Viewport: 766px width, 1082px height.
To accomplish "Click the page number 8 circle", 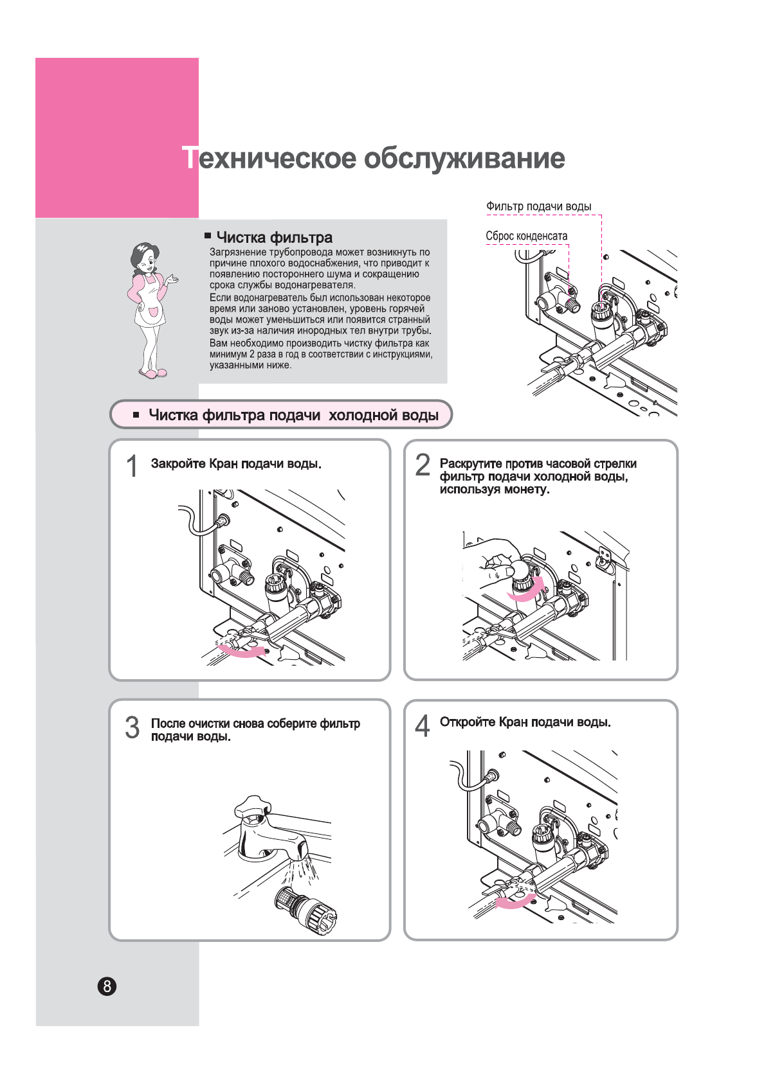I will pos(107,986).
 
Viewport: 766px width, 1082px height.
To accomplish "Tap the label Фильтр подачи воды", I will pos(538,206).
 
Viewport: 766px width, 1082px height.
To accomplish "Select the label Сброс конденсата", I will pos(526,236).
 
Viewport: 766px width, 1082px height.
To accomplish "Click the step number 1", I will pos(132,466).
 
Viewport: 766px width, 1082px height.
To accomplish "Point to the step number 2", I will pos(423,465).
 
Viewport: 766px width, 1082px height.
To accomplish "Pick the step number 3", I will pos(132,727).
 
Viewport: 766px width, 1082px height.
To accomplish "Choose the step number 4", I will pos(422,726).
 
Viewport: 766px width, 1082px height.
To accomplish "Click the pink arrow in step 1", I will pos(242,652).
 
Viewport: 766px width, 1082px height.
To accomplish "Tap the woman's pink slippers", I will pos(153,373).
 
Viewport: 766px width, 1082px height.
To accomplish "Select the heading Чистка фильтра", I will pos(274,238).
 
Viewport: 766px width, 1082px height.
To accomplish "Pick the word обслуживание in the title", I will pos(464,158).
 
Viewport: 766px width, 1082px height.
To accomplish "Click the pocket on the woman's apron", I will pos(154,312).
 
